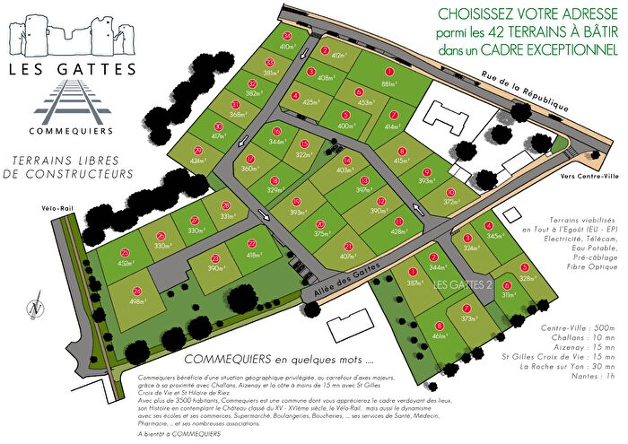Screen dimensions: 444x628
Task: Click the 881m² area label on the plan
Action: [388, 84]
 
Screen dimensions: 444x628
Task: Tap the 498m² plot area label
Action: [137, 277]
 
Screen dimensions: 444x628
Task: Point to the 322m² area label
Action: [304, 155]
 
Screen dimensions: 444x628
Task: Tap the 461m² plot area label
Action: [440, 336]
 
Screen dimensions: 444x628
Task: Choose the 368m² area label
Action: [238, 115]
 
